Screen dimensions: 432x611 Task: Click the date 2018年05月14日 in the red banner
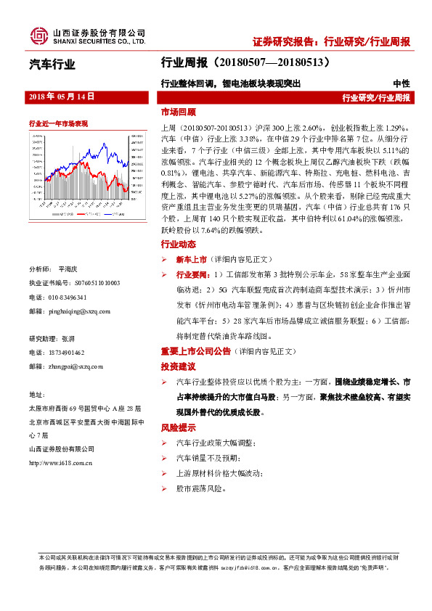pos(62,97)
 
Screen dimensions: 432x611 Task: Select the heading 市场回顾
pos(178,113)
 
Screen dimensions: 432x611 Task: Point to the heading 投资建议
pos(178,366)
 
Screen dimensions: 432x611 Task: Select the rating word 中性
pos(401,83)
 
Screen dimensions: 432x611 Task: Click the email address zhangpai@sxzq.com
pos(74,366)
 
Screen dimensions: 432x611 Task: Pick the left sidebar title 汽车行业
pos(52,65)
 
